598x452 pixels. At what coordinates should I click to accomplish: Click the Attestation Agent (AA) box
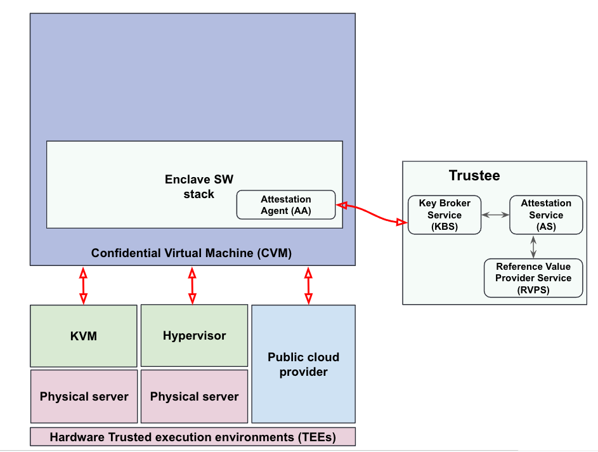pyautogui.click(x=285, y=205)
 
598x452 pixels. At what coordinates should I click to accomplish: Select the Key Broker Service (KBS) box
pyautogui.click(x=445, y=215)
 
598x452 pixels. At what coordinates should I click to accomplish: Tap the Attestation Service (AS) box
pyautogui.click(x=546, y=215)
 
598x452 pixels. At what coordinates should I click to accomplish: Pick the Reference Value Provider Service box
pyautogui.click(x=533, y=278)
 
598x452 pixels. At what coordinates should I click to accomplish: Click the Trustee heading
pyautogui.click(x=474, y=175)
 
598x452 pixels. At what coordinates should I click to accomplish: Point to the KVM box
pyautogui.click(x=84, y=336)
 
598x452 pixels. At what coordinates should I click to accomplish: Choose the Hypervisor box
pyautogui.click(x=194, y=336)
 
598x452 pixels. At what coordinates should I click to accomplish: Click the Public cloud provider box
pyautogui.click(x=304, y=364)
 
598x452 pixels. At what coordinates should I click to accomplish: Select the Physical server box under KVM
pyautogui.click(x=84, y=396)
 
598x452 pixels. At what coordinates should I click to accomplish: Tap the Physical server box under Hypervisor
pyautogui.click(x=194, y=396)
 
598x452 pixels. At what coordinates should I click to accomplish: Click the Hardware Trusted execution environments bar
pyautogui.click(x=193, y=437)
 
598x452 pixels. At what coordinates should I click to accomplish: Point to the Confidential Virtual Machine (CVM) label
pyautogui.click(x=192, y=253)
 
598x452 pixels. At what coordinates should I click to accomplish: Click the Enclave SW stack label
pyautogui.click(x=198, y=186)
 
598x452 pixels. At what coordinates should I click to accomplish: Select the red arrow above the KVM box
pyautogui.click(x=83, y=286)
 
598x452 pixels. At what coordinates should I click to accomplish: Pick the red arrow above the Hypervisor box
pyautogui.click(x=192, y=286)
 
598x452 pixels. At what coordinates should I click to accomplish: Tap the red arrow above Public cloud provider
pyautogui.click(x=309, y=286)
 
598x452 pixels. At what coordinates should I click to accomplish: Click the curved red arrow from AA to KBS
pyautogui.click(x=372, y=213)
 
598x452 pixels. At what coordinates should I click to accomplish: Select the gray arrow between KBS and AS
pyautogui.click(x=495, y=215)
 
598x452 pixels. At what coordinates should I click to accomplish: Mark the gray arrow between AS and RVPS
pyautogui.click(x=533, y=246)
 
